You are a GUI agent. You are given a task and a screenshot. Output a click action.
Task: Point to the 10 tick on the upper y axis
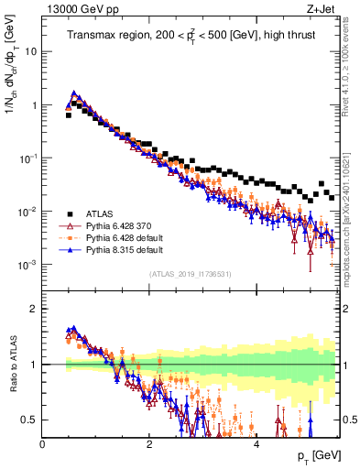(31, 51)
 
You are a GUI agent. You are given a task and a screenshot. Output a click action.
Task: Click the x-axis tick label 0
(43, 443)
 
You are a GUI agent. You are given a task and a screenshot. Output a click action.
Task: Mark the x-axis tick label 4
(256, 443)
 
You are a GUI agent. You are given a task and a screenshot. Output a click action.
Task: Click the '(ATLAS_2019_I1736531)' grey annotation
(191, 275)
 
